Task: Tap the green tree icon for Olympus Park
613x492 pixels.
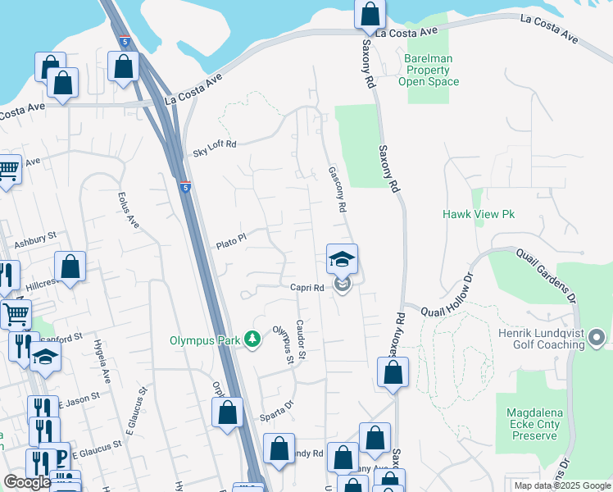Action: click(253, 339)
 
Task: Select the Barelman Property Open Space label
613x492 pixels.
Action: click(431, 70)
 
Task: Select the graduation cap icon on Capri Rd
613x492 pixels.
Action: click(342, 260)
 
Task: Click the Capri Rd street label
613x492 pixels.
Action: click(308, 288)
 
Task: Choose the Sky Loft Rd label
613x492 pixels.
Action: click(214, 148)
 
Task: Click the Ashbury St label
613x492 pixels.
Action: click(34, 240)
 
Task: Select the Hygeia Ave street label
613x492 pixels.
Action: click(102, 362)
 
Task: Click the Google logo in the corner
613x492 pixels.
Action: click(27, 482)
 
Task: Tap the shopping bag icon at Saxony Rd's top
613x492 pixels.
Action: click(370, 14)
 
